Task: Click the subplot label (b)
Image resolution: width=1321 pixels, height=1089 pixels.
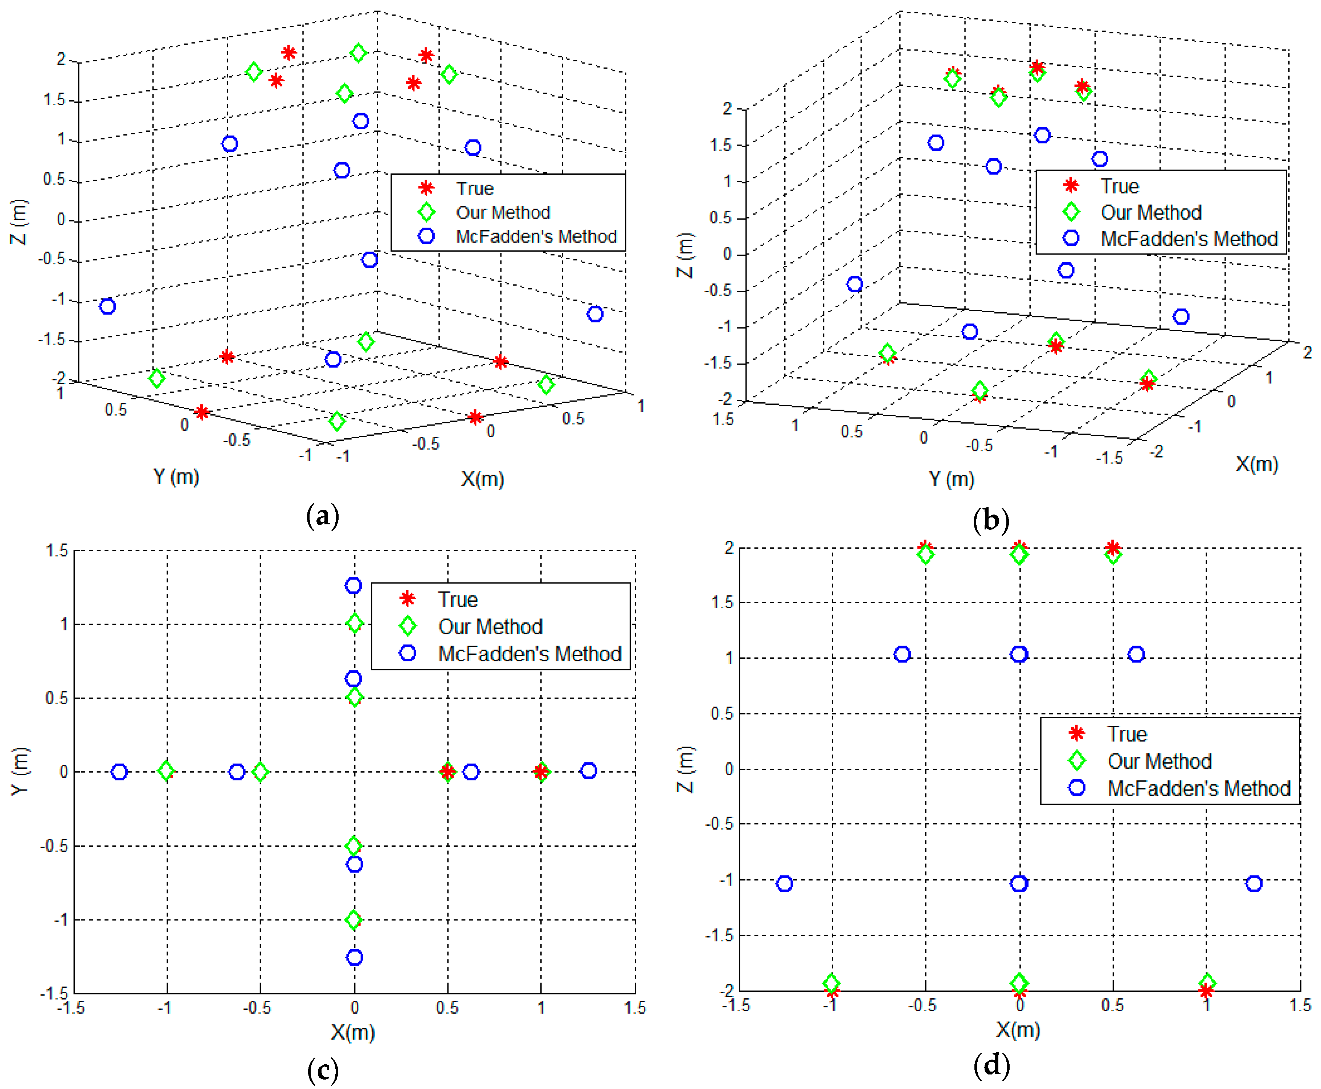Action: [991, 520]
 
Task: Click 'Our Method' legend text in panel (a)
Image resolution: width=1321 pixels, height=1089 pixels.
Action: [503, 213]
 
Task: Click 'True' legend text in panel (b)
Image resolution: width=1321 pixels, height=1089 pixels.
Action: [1119, 186]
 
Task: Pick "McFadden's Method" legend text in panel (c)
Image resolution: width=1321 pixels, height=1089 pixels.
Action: [529, 654]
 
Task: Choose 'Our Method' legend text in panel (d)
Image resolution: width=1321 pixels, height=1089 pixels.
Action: [1159, 761]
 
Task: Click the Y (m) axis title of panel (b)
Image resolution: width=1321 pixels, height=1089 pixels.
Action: [951, 479]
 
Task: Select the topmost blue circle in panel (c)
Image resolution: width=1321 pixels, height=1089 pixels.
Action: [353, 585]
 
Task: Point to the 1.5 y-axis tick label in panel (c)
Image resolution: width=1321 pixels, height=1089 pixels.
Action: [56, 551]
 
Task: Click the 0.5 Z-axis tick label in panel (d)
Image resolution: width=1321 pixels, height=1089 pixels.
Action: [721, 713]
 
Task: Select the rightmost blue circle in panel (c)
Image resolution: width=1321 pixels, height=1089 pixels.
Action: [588, 771]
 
